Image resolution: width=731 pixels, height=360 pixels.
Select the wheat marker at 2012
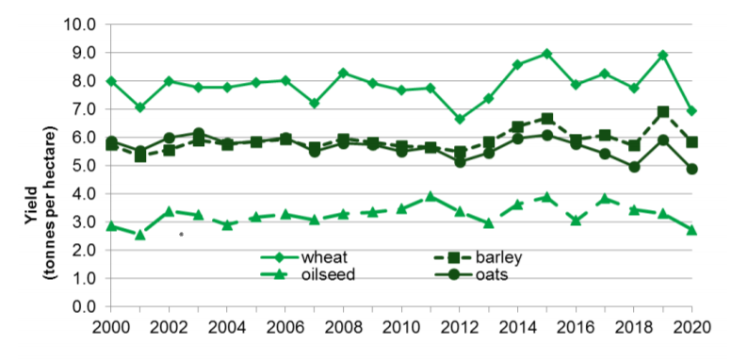[460, 119]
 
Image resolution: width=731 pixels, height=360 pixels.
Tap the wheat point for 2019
[663, 55]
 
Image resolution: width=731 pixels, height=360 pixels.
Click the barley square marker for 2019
[663, 111]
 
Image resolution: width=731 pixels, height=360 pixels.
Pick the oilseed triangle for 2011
[430, 196]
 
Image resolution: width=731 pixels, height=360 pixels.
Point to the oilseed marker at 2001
[140, 234]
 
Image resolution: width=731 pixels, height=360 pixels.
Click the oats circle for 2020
[692, 169]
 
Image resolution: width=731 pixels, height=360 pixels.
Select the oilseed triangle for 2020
[692, 229]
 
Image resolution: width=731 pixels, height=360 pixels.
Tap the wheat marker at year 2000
[111, 81]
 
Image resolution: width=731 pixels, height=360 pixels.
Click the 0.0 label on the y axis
[86, 307]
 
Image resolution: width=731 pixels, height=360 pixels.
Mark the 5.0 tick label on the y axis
[86, 166]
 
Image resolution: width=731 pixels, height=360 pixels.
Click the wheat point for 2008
[344, 73]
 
